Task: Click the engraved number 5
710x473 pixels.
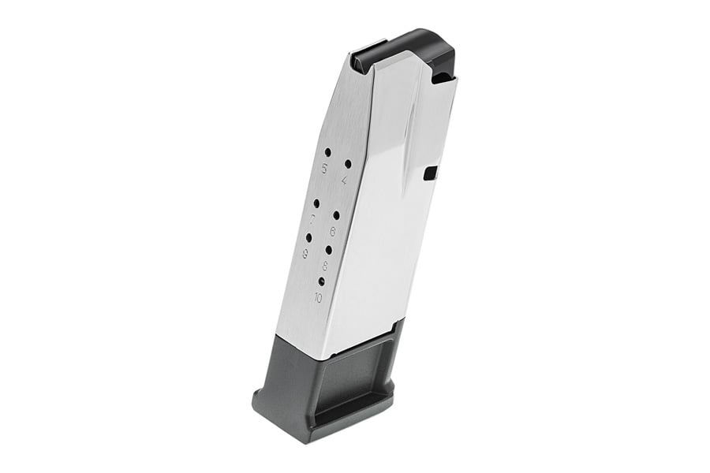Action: coord(323,169)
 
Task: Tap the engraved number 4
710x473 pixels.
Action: coord(345,181)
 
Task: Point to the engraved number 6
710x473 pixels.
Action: coord(333,231)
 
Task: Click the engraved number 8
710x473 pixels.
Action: coord(325,266)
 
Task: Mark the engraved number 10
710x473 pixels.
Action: coord(317,297)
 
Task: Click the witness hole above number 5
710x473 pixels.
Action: coord(327,151)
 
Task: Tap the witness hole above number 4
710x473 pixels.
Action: coord(348,164)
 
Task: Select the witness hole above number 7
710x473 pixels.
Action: coord(316,203)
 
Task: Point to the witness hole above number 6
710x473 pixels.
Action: coord(336,214)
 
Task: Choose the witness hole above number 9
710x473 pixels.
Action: coord(308,237)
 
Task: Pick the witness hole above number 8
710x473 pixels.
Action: coord(328,249)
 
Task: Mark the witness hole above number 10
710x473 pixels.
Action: coord(321,281)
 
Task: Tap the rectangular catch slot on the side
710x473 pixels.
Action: coord(430,173)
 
